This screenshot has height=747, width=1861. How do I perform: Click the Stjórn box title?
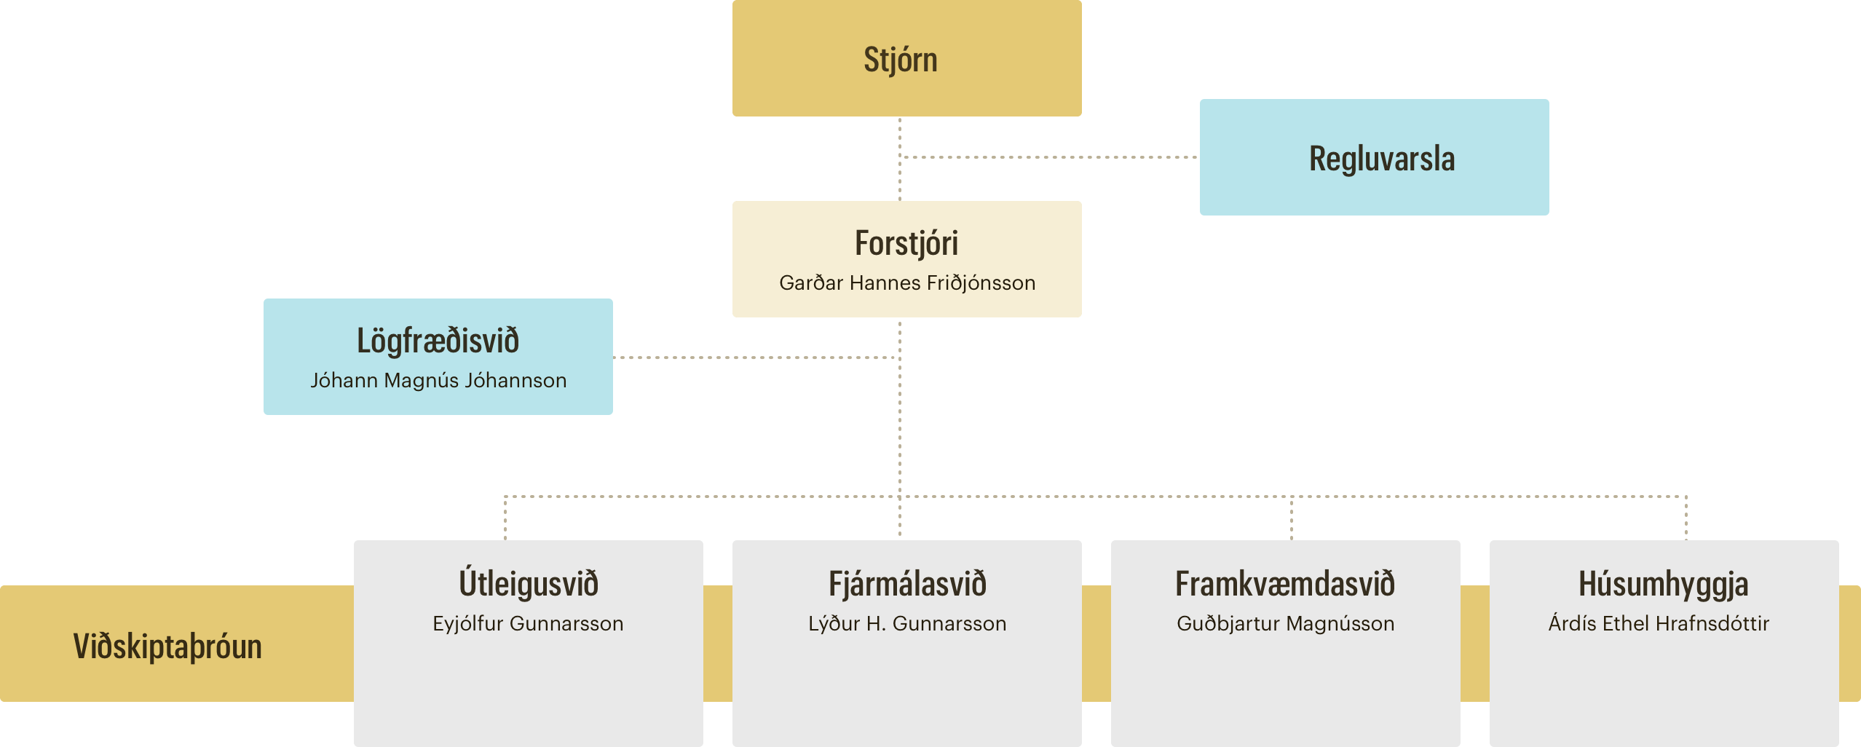point(901,60)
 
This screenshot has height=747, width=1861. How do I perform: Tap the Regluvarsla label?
point(1382,159)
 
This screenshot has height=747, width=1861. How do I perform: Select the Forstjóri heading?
point(906,243)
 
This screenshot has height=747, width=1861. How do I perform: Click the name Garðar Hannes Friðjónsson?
point(907,283)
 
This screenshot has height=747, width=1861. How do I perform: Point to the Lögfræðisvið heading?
point(438,341)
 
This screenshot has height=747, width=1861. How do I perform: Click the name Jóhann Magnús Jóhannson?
point(438,381)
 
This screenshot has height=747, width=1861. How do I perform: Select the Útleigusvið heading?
point(529,584)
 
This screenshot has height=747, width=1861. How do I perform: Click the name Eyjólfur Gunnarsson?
point(528,624)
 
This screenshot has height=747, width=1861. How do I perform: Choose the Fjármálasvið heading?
point(907,584)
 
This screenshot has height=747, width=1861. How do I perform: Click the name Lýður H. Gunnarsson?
point(907,624)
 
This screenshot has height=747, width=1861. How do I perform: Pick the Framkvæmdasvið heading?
point(1285,584)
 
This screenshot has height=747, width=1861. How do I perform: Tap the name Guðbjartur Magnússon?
point(1286,624)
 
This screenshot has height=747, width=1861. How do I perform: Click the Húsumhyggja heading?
point(1664,584)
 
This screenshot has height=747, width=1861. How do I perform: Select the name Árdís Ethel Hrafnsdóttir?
point(1659,624)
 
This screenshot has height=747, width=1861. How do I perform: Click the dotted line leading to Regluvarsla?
point(1049,157)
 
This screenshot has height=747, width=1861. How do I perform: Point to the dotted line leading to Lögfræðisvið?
point(756,357)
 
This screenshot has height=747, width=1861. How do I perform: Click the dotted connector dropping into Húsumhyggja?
point(1686,518)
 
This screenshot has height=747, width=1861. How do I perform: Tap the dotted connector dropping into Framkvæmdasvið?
point(1292,518)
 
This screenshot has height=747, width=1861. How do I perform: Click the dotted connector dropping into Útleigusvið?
point(505,518)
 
